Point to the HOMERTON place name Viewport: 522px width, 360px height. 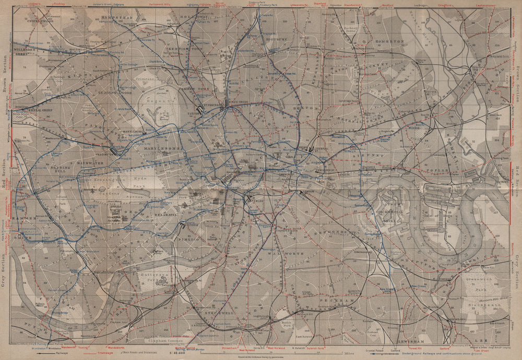(x=386, y=41)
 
